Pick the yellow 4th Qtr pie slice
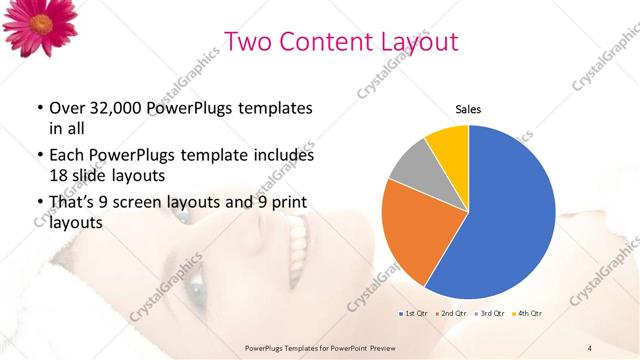tap(448, 145)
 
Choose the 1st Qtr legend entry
tap(413, 314)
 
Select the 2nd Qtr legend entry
tap(451, 314)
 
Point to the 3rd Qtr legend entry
tap(490, 314)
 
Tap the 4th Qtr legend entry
tap(529, 314)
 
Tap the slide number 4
tap(590, 347)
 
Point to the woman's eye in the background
tap(195, 297)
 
